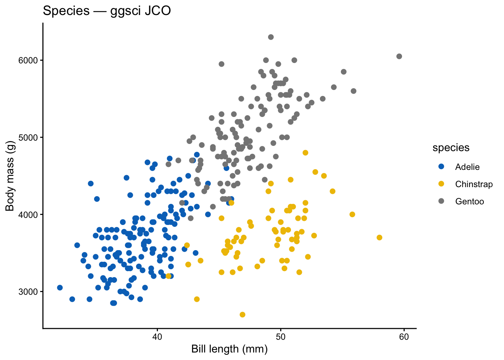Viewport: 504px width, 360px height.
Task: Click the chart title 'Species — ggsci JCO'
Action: click(107, 11)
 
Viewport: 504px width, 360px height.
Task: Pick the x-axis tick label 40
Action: click(157, 337)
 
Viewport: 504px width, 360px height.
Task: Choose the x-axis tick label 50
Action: click(280, 337)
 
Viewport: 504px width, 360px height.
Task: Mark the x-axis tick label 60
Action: click(404, 337)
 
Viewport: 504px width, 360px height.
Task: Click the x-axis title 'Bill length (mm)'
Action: click(229, 349)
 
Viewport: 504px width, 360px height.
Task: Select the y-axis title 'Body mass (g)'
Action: click(10, 176)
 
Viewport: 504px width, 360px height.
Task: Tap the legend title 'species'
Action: click(451, 148)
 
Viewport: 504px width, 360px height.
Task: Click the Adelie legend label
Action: click(467, 167)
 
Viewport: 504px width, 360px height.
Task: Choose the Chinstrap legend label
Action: click(474, 184)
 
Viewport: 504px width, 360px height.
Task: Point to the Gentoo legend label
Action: click(469, 201)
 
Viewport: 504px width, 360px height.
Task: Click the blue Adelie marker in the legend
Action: click(441, 166)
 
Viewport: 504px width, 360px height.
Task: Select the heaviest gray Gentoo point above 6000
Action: click(271, 37)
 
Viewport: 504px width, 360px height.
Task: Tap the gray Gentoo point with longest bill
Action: click(399, 56)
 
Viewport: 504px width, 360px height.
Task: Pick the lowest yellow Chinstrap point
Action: click(242, 315)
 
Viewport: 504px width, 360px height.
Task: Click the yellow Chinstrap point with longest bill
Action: click(379, 237)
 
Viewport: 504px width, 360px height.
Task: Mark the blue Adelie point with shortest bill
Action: click(60, 288)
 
